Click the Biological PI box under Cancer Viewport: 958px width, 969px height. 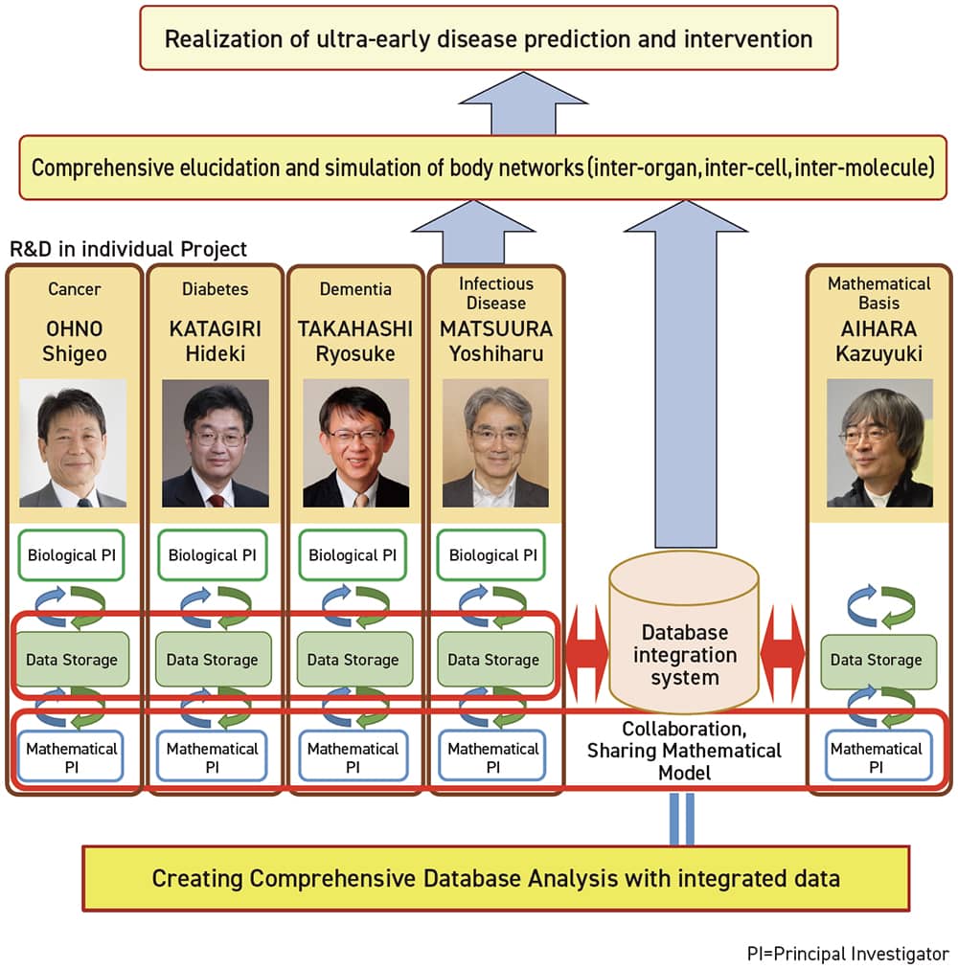coord(71,555)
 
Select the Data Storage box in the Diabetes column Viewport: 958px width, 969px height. coord(213,660)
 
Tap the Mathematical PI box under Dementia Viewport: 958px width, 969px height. coord(354,756)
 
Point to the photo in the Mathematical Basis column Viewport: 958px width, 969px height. coord(879,443)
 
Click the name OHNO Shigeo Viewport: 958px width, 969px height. coord(74,341)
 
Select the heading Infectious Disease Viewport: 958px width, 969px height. coord(496,293)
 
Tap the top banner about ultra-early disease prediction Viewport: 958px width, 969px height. coord(489,38)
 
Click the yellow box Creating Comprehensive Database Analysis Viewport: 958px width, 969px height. coord(496,878)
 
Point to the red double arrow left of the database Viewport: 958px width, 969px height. coord(587,654)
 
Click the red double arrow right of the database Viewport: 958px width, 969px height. coord(783,653)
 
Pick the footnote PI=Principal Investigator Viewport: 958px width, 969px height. coord(848,954)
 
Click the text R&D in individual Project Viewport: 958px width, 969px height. coord(128,249)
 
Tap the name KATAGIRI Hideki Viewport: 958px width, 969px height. coord(216,341)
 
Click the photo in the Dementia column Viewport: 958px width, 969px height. coord(355,443)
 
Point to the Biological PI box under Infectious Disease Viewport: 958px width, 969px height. coord(491,555)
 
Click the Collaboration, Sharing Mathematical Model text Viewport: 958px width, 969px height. coord(684,751)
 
